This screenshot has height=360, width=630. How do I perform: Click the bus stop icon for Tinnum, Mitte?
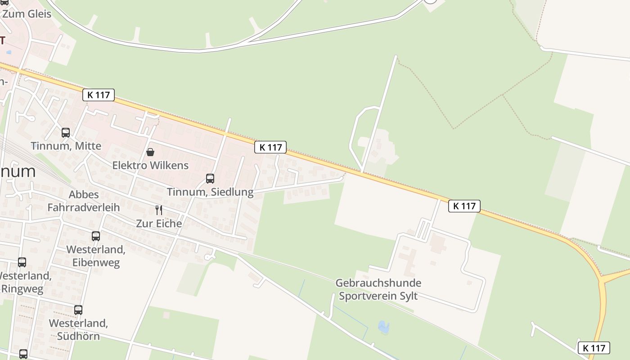[x=66, y=133]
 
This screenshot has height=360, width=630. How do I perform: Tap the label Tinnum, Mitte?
[x=66, y=146]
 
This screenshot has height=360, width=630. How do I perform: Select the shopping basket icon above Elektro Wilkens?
[x=150, y=152]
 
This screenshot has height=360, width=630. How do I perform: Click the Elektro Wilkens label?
[x=150, y=165]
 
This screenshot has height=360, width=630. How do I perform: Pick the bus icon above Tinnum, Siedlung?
[x=210, y=179]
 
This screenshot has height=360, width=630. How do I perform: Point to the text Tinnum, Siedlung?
[x=210, y=192]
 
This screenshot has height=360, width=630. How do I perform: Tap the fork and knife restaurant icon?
[x=159, y=210]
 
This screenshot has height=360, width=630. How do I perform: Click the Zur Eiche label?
[x=159, y=223]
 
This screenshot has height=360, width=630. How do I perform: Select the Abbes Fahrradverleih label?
[x=84, y=201]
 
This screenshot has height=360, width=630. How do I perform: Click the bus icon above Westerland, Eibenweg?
[x=96, y=236]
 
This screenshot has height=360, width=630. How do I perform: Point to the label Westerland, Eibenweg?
[x=96, y=256]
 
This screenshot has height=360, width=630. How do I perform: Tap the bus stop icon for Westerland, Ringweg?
[x=22, y=262]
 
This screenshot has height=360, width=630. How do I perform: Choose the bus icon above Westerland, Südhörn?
[x=78, y=310]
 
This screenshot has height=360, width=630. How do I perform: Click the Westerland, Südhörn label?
[x=78, y=329]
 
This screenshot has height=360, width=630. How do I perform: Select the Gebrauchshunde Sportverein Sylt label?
[x=378, y=289]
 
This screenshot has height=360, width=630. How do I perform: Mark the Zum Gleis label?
[x=27, y=13]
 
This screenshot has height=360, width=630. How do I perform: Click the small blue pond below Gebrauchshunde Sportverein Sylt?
[x=384, y=327]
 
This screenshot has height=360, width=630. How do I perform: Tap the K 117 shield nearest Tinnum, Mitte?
[x=99, y=95]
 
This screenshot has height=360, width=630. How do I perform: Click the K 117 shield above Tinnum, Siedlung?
[x=270, y=147]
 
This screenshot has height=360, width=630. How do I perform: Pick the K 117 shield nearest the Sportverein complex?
[x=464, y=206]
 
